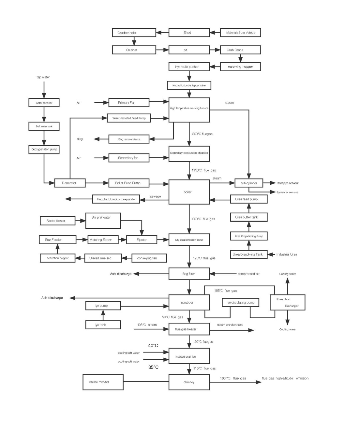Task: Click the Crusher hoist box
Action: pyautogui.click(x=134, y=33)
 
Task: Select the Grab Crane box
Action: pyautogui.click(x=240, y=50)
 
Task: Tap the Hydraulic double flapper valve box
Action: pyautogui.click(x=189, y=85)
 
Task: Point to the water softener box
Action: pyautogui.click(x=44, y=103)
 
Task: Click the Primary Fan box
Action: pyautogui.click(x=128, y=103)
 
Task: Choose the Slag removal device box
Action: pyautogui.click(x=129, y=139)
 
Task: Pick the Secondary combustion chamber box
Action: pyautogui.click(x=189, y=153)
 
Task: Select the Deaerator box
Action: pyautogui.click(x=69, y=183)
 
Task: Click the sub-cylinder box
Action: pyautogui.click(x=249, y=183)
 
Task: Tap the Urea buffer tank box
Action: pyautogui.click(x=249, y=217)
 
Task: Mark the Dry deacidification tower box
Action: pyautogui.click(x=189, y=240)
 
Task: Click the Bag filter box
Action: pyautogui.click(x=189, y=274)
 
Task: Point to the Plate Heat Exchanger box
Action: pyautogui.click(x=287, y=302)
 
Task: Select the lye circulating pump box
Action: pyautogui.click(x=241, y=303)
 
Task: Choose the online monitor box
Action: pyautogui.click(x=103, y=382)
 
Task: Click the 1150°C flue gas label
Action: pyautogui.click(x=204, y=170)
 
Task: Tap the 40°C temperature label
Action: pyautogui.click(x=153, y=346)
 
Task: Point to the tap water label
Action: pyautogui.click(x=43, y=77)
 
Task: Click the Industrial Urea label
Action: pyautogui.click(x=287, y=254)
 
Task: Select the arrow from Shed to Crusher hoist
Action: pyautogui.click(x=162, y=33)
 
